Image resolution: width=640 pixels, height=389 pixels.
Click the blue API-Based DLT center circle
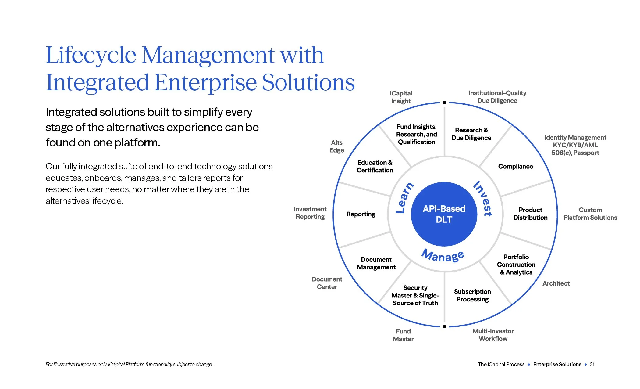(x=444, y=214)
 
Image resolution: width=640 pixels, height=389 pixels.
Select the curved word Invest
(x=483, y=198)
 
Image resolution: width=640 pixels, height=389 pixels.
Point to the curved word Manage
(x=443, y=256)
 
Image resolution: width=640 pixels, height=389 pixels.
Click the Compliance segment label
(x=515, y=167)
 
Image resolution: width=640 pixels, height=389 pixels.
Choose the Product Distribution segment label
(x=530, y=214)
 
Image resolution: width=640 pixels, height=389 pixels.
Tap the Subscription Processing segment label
(x=472, y=295)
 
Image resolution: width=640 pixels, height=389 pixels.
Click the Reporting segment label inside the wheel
(x=361, y=214)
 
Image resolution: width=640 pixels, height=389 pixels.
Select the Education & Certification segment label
(x=375, y=166)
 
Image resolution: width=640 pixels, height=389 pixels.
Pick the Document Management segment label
(x=376, y=263)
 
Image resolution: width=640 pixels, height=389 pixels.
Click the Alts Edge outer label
(x=336, y=146)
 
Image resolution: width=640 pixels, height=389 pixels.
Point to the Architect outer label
(x=556, y=283)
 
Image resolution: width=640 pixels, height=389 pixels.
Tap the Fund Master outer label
(x=403, y=335)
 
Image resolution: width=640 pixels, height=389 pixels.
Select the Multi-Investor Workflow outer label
(x=493, y=335)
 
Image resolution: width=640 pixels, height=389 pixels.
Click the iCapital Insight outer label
(x=401, y=97)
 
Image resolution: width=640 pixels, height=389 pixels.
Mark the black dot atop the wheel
(x=444, y=103)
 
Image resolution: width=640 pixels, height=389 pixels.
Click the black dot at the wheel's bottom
(x=444, y=326)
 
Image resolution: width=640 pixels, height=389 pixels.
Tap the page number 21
(x=592, y=364)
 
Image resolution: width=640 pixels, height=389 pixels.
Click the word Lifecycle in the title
(x=91, y=55)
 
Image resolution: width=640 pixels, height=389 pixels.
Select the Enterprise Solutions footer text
(x=557, y=364)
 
